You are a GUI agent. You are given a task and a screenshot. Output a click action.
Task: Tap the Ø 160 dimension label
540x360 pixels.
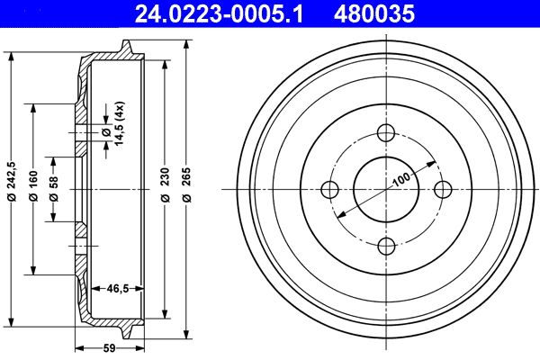tap(34, 189)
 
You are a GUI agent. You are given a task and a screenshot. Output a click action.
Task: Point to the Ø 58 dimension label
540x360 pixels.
tap(54, 189)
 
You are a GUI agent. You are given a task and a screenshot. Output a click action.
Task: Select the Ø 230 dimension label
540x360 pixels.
tap(165, 189)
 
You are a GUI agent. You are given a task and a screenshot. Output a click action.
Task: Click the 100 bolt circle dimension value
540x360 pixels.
tap(401, 178)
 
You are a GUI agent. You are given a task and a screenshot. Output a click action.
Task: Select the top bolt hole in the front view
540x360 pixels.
tap(386, 134)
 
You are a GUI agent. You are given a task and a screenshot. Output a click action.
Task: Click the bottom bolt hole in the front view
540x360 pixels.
tap(386, 245)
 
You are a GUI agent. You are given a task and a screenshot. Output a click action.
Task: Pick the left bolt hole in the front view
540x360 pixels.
tap(330, 189)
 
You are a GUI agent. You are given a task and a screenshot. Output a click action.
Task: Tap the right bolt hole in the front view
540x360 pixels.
tap(442, 189)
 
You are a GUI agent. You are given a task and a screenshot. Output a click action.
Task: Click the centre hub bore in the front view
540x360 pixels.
tap(386, 189)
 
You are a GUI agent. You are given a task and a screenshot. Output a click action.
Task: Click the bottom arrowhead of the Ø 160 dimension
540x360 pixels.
tap(34, 271)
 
